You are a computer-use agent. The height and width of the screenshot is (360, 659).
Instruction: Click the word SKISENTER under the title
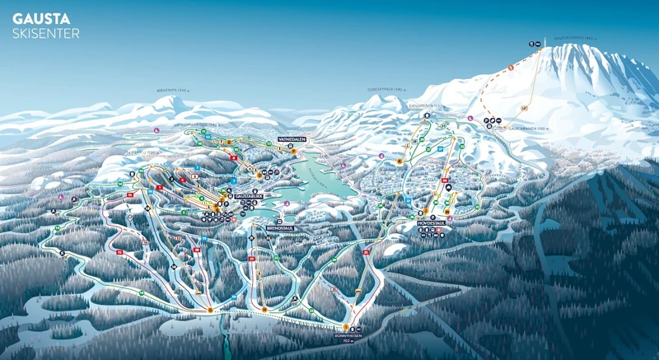pos(46,34)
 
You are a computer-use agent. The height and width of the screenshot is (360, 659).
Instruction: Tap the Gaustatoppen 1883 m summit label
pos(573,37)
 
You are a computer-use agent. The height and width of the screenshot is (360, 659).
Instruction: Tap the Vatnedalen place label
pos(292,139)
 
